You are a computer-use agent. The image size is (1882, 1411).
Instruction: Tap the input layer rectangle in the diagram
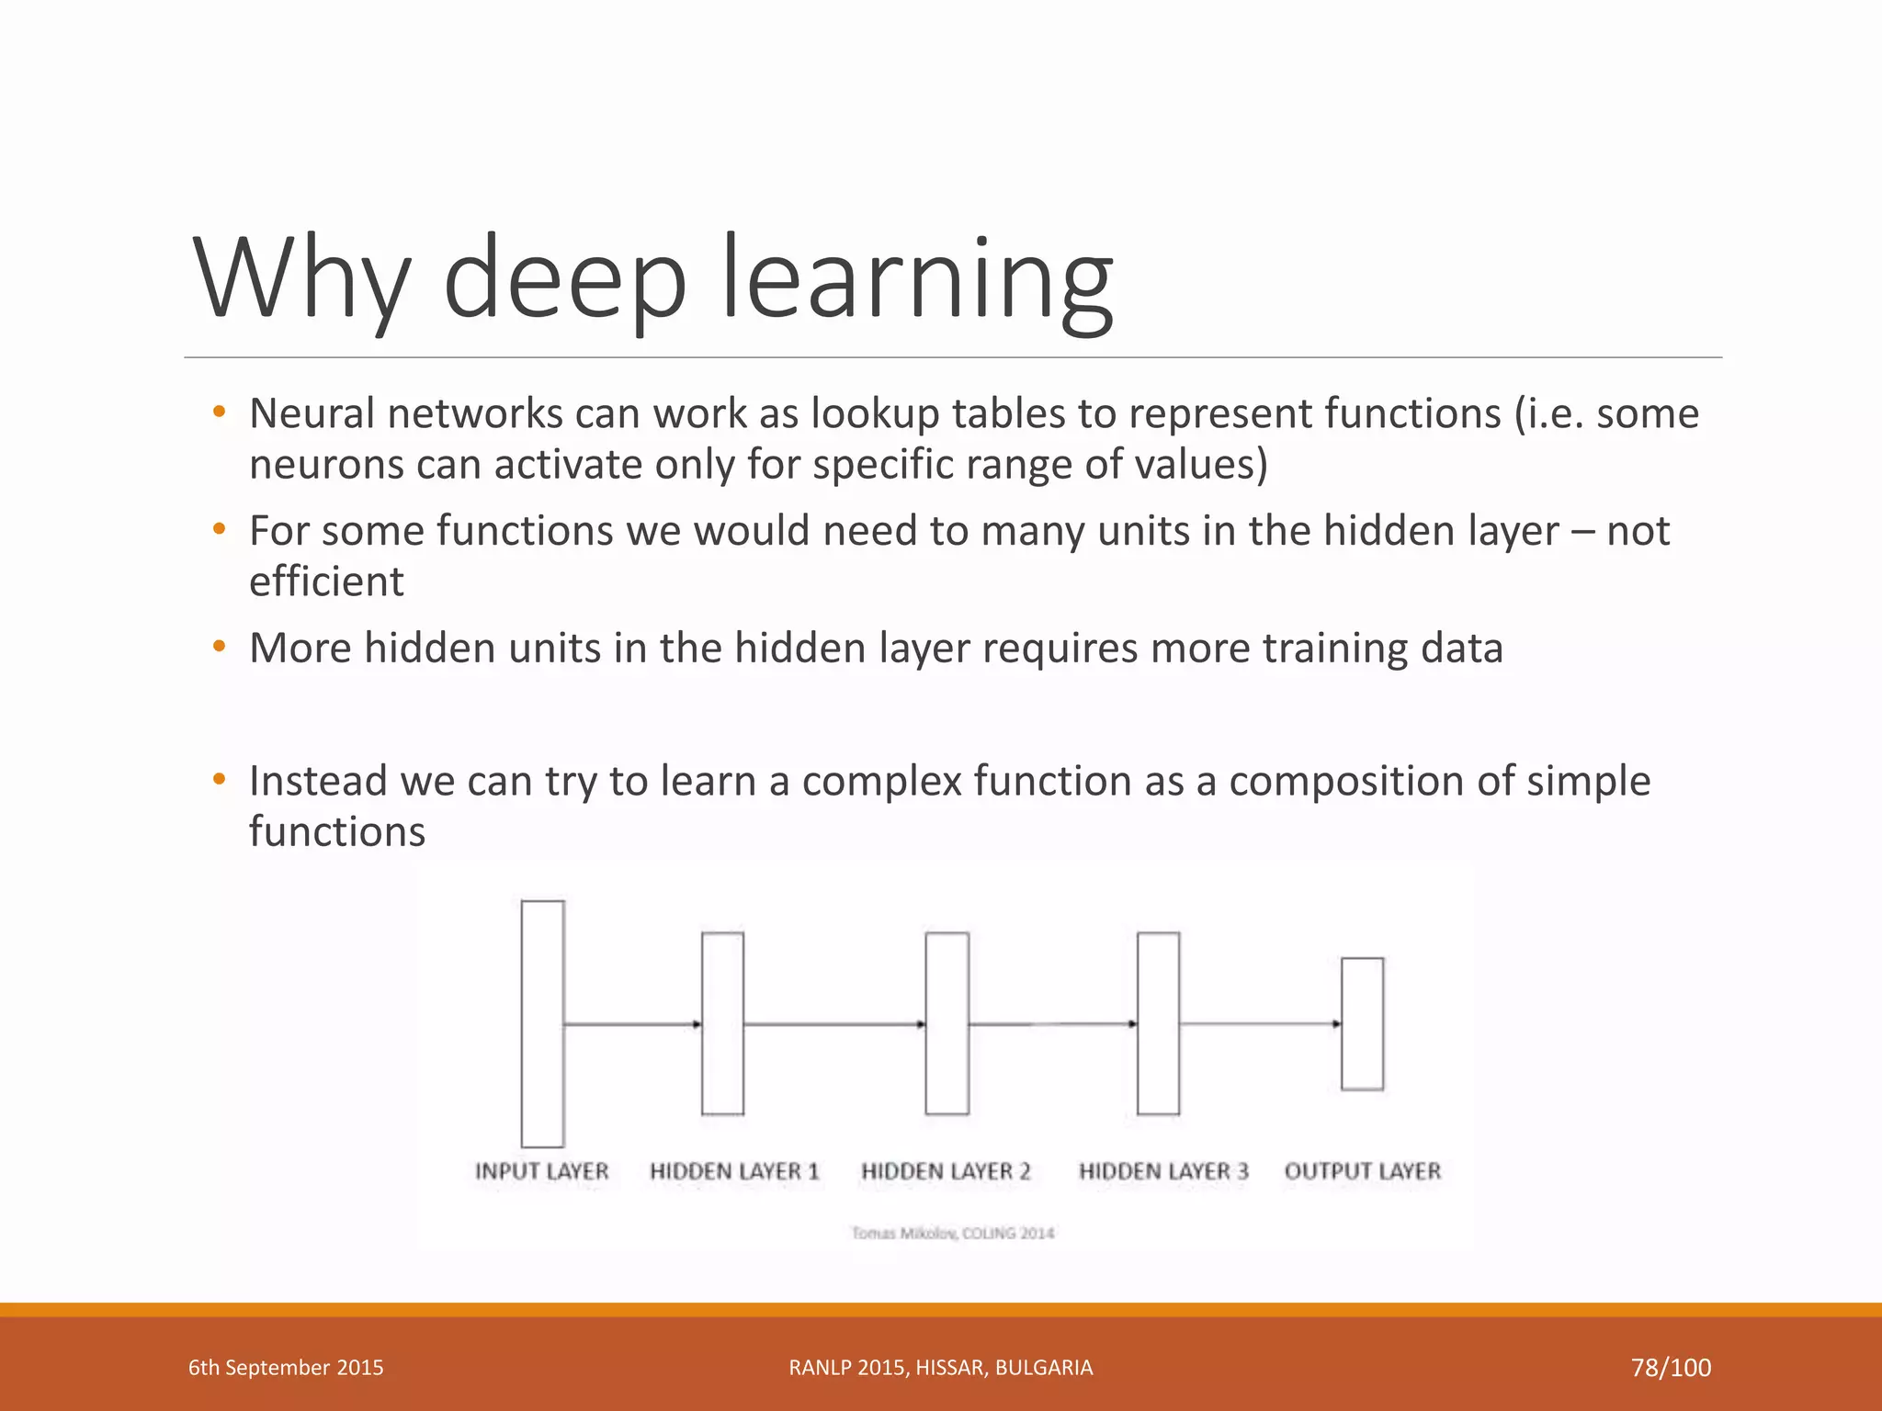(x=542, y=1023)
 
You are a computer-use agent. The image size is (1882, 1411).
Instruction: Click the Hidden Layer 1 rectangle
(x=722, y=1023)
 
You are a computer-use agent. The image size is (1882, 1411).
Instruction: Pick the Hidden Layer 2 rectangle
(x=947, y=1023)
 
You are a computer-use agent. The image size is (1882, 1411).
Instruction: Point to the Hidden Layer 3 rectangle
(x=1158, y=1023)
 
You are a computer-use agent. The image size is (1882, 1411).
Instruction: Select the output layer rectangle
(x=1362, y=1023)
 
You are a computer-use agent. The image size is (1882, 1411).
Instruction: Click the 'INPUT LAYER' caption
(x=541, y=1171)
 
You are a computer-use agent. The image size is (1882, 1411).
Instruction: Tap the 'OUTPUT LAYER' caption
(x=1363, y=1171)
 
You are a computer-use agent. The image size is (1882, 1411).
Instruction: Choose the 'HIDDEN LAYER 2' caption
(x=946, y=1171)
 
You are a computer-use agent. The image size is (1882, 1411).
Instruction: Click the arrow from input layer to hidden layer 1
(x=632, y=1023)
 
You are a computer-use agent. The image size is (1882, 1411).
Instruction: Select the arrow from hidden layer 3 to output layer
(x=1260, y=1023)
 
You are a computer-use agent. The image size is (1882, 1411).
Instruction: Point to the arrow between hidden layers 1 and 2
(x=833, y=1023)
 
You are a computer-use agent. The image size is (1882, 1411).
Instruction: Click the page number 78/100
(x=1671, y=1368)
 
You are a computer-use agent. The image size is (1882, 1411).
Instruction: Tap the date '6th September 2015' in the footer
(x=286, y=1368)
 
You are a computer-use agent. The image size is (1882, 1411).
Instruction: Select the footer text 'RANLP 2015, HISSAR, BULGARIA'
(x=941, y=1368)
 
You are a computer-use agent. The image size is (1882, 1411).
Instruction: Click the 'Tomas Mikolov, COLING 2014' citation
(x=953, y=1233)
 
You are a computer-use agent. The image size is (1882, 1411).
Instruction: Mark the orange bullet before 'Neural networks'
(x=219, y=412)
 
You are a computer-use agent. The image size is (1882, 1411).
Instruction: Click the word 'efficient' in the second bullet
(x=326, y=581)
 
